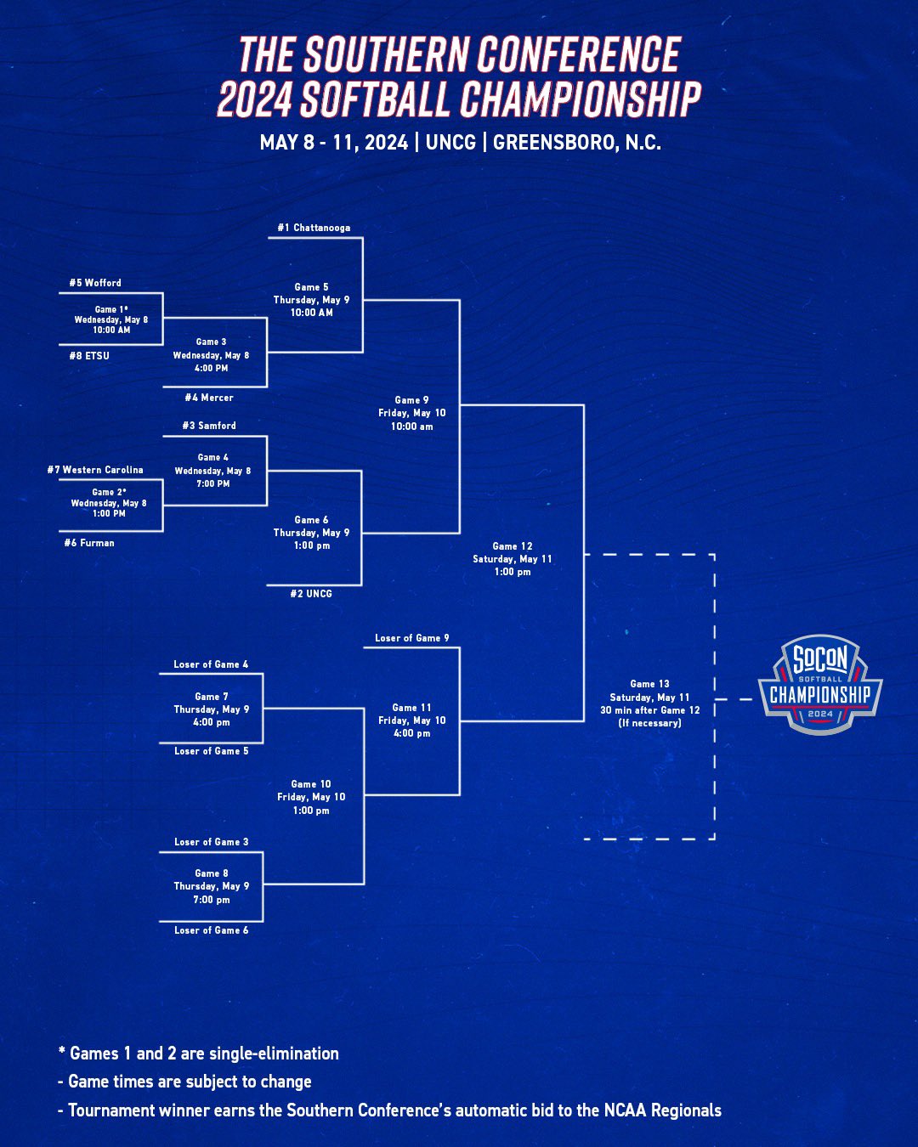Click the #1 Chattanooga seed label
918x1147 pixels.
tap(314, 228)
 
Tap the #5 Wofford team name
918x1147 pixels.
tap(95, 283)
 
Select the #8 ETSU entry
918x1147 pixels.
tap(89, 356)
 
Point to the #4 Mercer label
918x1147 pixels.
tap(209, 398)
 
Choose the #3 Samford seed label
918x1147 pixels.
tap(209, 426)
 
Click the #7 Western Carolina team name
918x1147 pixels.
tap(95, 470)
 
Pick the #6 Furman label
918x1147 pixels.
tap(89, 543)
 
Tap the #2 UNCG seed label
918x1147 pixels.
tap(311, 594)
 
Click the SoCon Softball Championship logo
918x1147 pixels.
tap(820, 685)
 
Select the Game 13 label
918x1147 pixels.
tap(650, 684)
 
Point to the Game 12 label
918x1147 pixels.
tap(513, 546)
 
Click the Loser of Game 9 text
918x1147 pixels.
tap(412, 638)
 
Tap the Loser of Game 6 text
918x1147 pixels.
tap(212, 930)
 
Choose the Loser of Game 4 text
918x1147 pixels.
tap(212, 664)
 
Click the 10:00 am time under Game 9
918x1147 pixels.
tap(412, 427)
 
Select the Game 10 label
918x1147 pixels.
tap(311, 784)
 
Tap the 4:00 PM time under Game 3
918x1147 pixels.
tap(212, 369)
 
